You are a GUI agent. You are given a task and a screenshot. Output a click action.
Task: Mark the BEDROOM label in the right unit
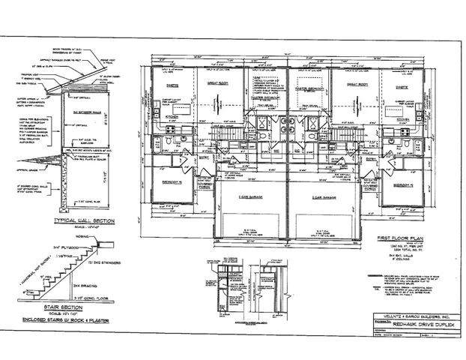pos(406,183)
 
